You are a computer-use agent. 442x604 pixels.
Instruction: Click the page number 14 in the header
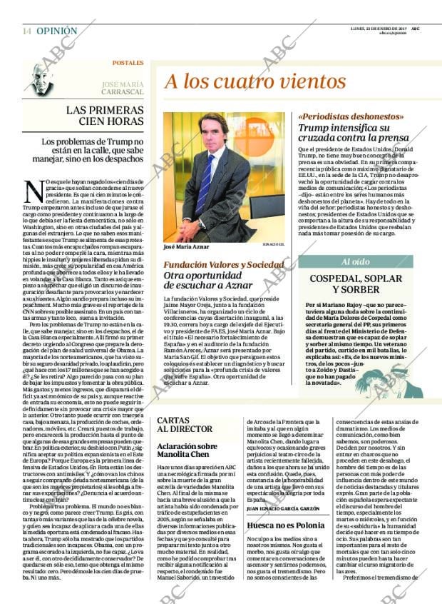26,31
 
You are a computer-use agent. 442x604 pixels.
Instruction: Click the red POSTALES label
128,64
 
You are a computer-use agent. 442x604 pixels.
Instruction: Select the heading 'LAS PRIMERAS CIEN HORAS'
103,116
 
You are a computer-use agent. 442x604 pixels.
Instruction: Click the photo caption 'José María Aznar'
187,247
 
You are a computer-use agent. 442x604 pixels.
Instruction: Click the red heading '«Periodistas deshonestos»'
351,116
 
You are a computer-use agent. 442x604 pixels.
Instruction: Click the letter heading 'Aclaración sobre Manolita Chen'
192,451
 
